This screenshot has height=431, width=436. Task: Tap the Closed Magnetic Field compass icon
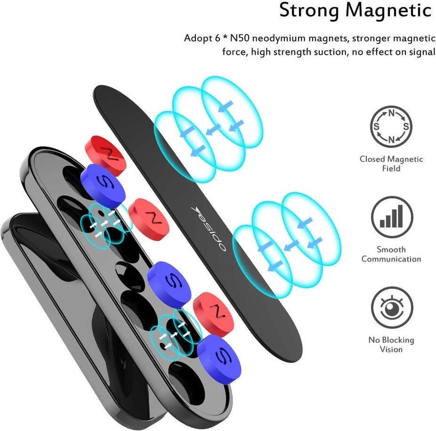tap(391, 127)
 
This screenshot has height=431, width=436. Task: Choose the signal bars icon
tap(392, 217)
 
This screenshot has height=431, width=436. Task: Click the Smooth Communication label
tap(391, 254)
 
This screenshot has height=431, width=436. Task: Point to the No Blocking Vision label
tap(391, 344)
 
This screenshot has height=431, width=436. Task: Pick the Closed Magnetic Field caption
tap(391, 164)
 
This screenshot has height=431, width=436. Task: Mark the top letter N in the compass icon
tap(391, 113)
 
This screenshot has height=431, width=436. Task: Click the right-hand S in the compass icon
tap(406, 127)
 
